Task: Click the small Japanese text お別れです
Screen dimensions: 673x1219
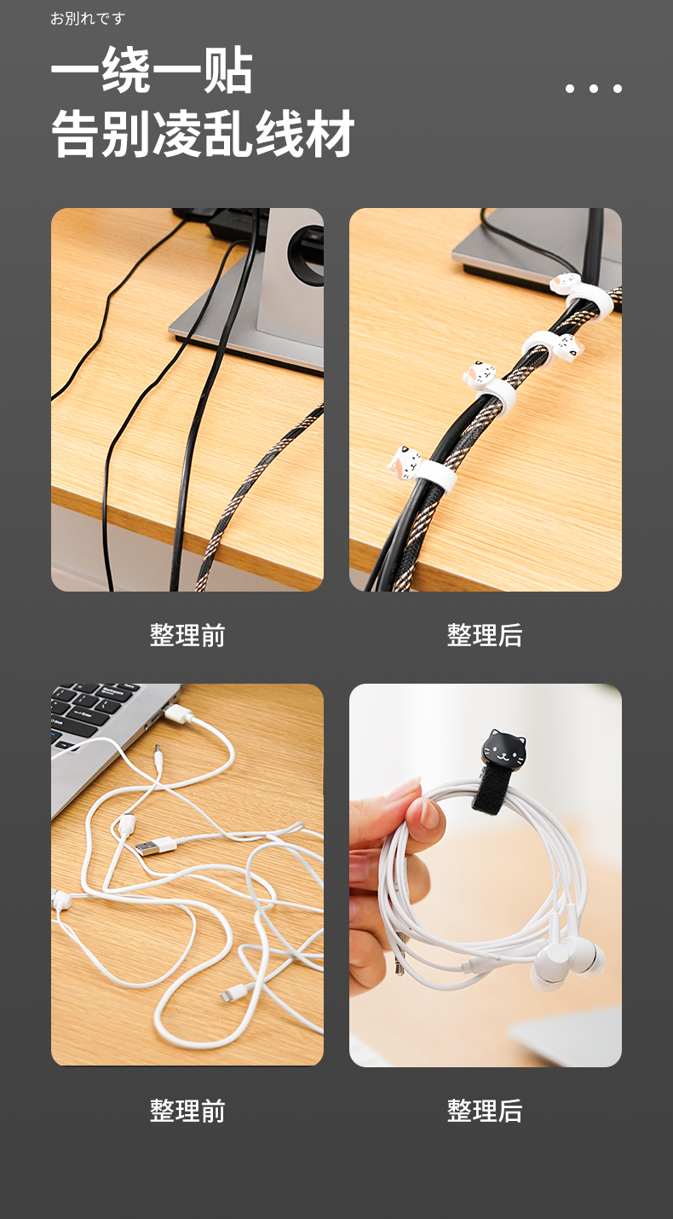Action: coord(88,19)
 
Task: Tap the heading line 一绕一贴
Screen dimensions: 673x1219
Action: coord(152,70)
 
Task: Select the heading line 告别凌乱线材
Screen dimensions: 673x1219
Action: coord(203,133)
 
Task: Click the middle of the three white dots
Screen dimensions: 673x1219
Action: coord(594,89)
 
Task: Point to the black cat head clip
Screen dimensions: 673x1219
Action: coord(505,748)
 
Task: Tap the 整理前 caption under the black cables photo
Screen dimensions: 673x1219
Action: coord(187,635)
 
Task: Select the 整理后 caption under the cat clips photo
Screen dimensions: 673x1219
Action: coord(485,635)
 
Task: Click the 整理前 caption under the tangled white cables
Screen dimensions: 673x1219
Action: coord(187,1111)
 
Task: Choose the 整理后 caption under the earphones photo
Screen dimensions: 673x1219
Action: coord(485,1111)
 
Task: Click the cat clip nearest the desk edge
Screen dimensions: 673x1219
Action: coord(405,463)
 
